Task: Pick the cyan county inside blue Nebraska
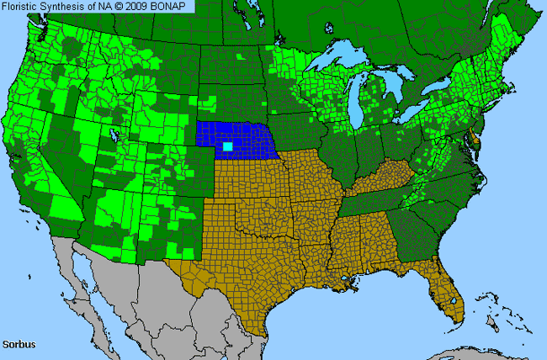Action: [227, 146]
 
